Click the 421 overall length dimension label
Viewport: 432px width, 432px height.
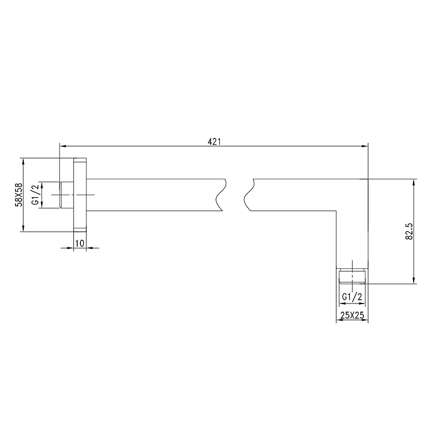pyautogui.click(x=214, y=141)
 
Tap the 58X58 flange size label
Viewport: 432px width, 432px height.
pyautogui.click(x=19, y=195)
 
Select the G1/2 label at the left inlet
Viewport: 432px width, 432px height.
pyautogui.click(x=36, y=195)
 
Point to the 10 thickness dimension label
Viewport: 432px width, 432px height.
pyautogui.click(x=79, y=244)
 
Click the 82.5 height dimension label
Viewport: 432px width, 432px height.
pyautogui.click(x=409, y=231)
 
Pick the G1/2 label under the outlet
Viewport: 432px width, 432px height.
pyautogui.click(x=352, y=296)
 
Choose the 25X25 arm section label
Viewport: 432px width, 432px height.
pyautogui.click(x=352, y=315)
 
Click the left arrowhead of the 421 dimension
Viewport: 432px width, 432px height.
pyautogui.click(x=63, y=146)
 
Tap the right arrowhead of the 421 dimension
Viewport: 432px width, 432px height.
pyautogui.click(x=365, y=146)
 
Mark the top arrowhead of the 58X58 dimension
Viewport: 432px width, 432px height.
pyautogui.click(x=23, y=161)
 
